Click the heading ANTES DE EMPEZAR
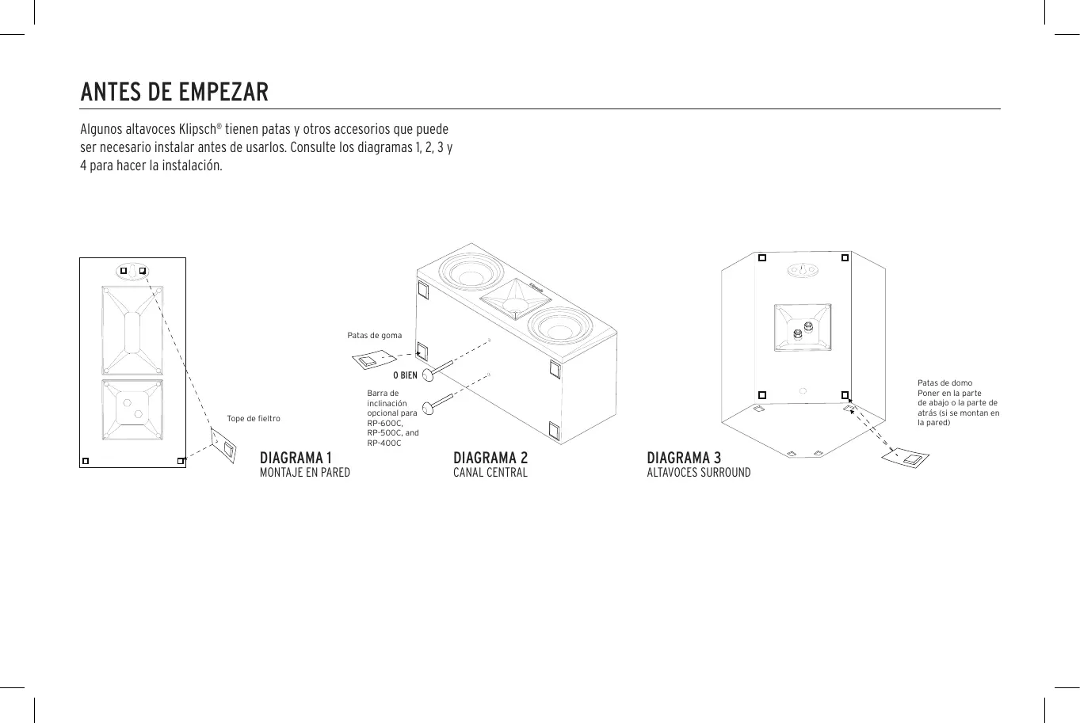[174, 92]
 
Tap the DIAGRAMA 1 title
[296, 458]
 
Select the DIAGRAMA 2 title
[490, 458]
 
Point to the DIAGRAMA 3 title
[684, 458]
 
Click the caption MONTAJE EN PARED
[305, 473]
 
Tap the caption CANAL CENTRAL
[490, 473]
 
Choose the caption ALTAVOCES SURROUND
[698, 473]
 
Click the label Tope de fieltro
[254, 419]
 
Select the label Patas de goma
[374, 336]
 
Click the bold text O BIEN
[405, 375]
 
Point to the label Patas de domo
[945, 383]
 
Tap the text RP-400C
[384, 443]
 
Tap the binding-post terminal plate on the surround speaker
[802, 327]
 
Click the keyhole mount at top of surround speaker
[802, 271]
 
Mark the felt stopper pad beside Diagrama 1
[224, 447]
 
